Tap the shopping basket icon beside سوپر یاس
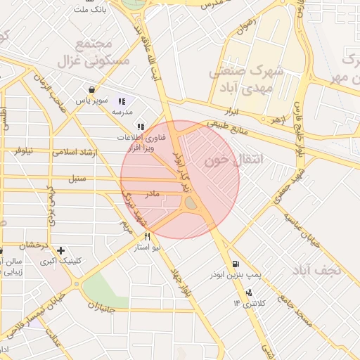[92, 89]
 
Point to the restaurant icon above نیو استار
[147, 237]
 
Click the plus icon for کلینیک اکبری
[61, 250]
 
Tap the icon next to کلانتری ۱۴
[248, 292]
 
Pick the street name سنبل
[77, 179]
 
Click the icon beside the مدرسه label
[122, 100]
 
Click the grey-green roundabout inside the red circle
[190, 204]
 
